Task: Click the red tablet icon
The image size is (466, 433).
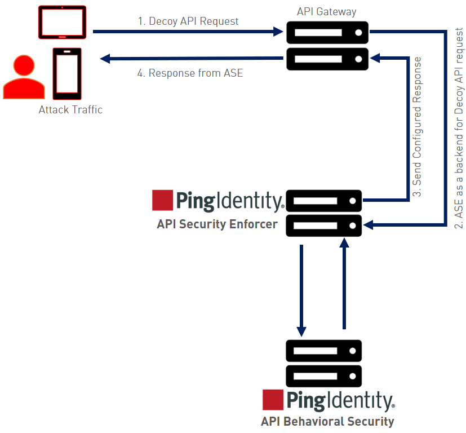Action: (x=62, y=22)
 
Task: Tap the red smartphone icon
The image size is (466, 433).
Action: (x=67, y=73)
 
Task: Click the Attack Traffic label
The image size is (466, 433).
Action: (x=70, y=110)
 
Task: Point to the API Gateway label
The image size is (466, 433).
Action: (x=327, y=11)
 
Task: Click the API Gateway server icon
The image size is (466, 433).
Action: (x=327, y=46)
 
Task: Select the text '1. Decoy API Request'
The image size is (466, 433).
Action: (x=188, y=21)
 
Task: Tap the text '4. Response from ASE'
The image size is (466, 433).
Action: (x=190, y=73)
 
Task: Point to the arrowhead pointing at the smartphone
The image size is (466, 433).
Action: (x=105, y=58)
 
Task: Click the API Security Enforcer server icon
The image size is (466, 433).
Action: (x=323, y=213)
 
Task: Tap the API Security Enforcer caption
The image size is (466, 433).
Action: (x=217, y=224)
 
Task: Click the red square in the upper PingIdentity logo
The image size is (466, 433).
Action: (x=162, y=200)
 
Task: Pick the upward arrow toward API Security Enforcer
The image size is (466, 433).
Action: (x=344, y=285)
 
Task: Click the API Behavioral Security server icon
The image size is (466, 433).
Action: (x=323, y=364)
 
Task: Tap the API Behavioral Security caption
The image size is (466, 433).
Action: (x=327, y=421)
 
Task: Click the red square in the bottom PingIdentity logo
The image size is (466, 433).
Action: (x=273, y=399)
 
